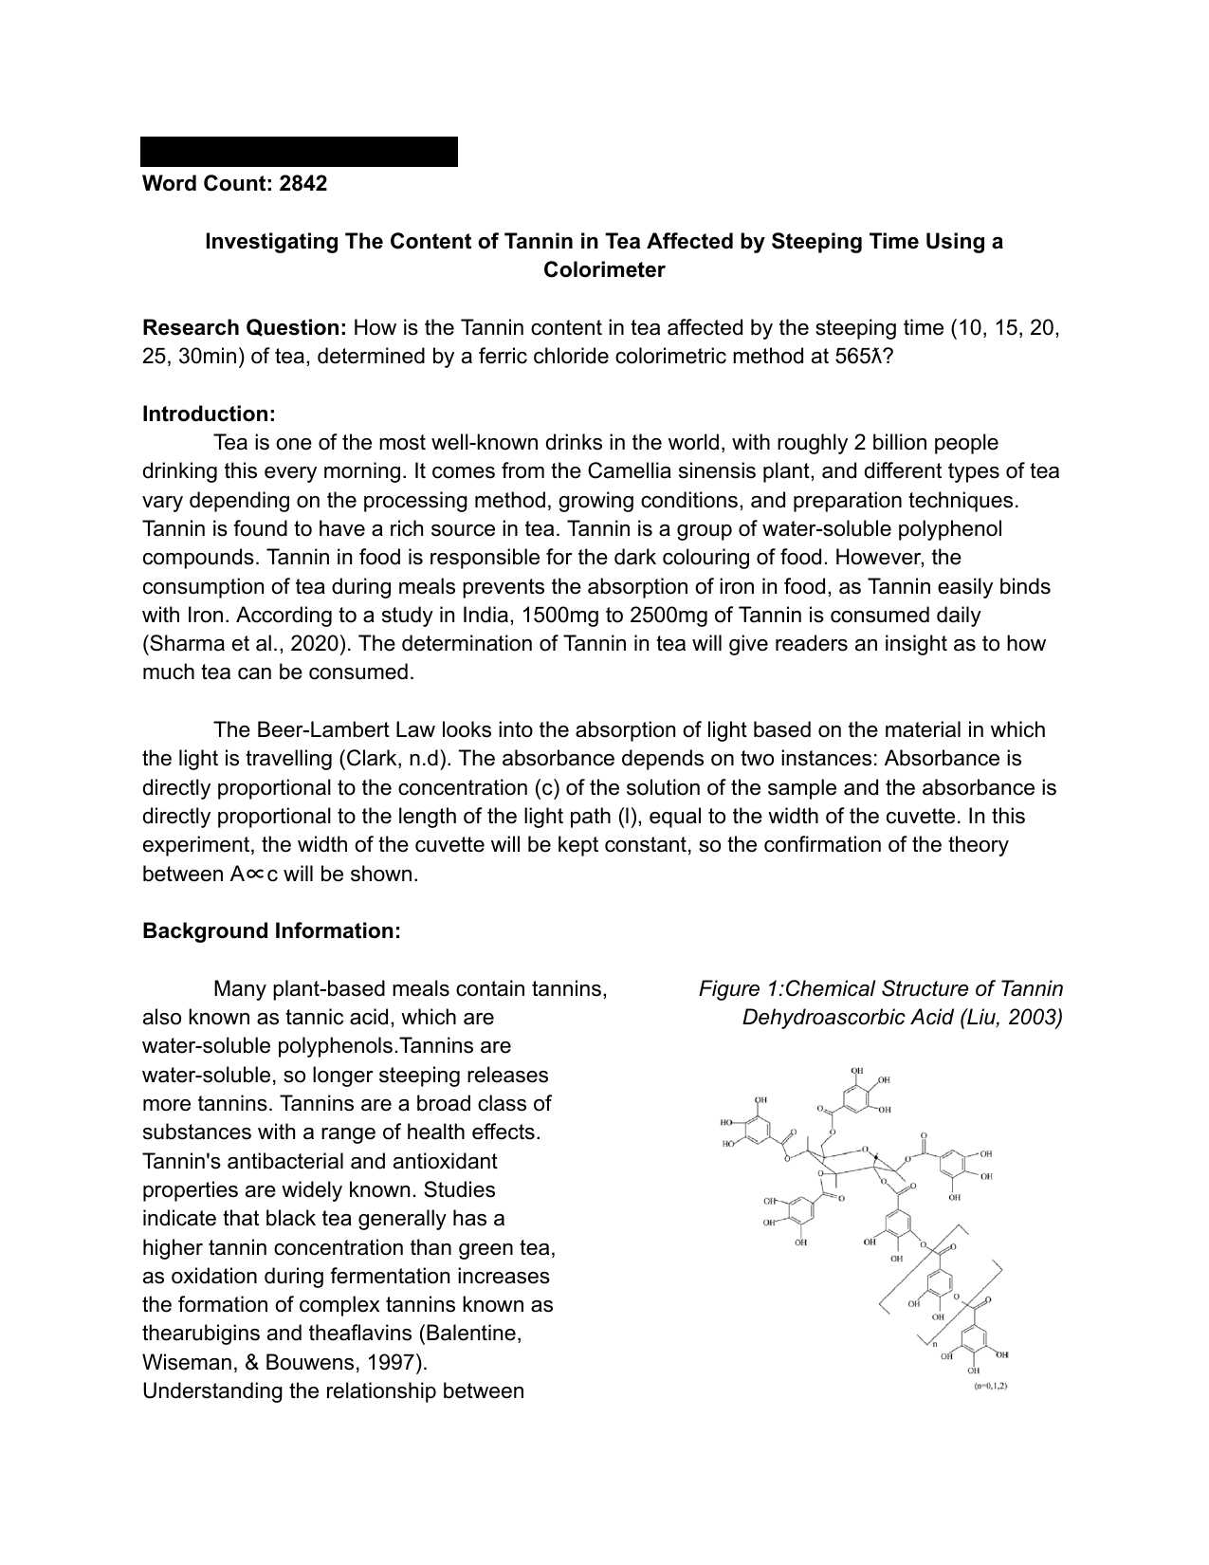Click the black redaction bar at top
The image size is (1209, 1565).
click(x=299, y=152)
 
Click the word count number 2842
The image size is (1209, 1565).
click(x=302, y=184)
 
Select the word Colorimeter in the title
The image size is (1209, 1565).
click(x=604, y=270)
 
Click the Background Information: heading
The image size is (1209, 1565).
click(x=271, y=931)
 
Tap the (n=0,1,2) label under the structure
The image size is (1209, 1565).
click(x=990, y=1387)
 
